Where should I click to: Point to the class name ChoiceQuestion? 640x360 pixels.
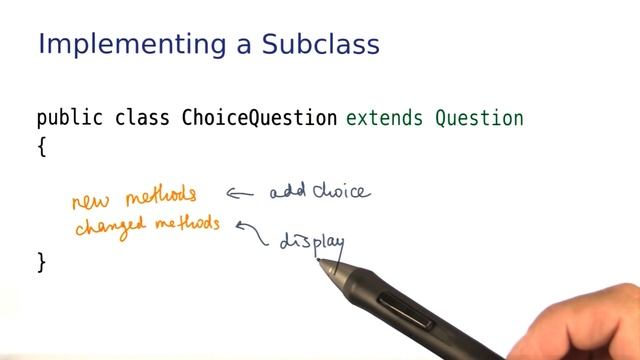[x=259, y=118]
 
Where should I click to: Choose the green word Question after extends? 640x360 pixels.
[x=479, y=118]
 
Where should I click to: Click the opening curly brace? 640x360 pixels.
[x=42, y=146]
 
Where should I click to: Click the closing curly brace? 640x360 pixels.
[x=42, y=262]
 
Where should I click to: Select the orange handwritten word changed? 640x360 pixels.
[x=106, y=226]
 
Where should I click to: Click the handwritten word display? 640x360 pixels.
[x=311, y=242]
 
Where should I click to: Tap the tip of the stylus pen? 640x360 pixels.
[x=320, y=261]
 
